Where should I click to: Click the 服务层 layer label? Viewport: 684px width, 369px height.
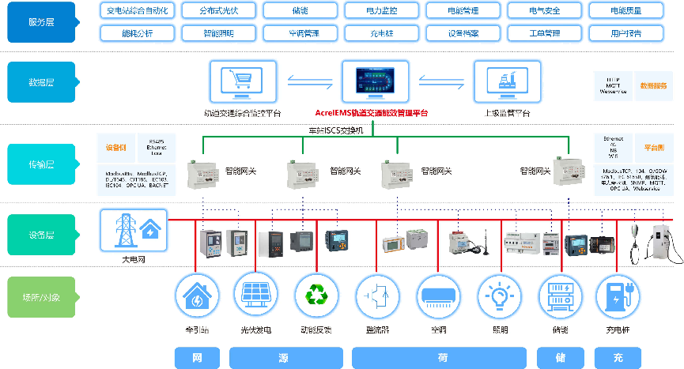(42, 22)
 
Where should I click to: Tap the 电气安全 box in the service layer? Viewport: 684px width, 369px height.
(544, 11)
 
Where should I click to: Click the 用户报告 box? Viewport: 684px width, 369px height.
(626, 33)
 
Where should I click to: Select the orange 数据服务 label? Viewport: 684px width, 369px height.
(653, 85)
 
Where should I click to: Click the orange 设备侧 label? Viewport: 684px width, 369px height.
(116, 147)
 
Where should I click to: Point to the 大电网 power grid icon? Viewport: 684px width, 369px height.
(134, 231)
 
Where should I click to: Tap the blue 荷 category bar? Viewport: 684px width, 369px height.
(441, 358)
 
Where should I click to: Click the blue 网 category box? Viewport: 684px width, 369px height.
(195, 358)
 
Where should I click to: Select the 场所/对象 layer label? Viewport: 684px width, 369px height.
(42, 298)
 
